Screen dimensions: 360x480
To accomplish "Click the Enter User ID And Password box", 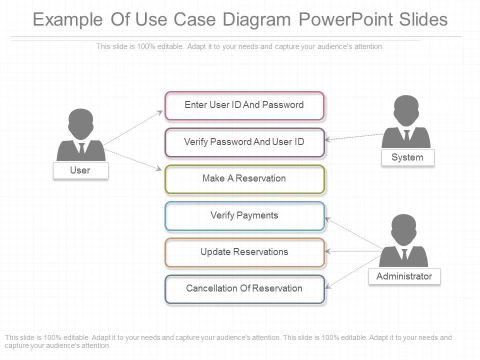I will (x=244, y=105).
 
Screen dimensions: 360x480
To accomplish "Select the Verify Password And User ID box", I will (x=244, y=142).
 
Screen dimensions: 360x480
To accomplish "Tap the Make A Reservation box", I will (x=244, y=179).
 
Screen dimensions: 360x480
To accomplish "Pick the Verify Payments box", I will (x=244, y=215).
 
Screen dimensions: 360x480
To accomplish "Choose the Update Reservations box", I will (x=244, y=252).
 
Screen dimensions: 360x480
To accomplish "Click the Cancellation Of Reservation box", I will (x=244, y=288).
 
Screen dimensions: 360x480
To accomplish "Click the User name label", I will (x=80, y=170).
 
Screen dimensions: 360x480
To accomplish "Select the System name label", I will (x=407, y=157).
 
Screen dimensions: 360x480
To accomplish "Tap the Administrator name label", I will (x=404, y=276).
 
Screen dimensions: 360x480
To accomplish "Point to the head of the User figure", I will (x=80, y=123).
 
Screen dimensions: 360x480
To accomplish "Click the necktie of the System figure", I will (x=406, y=136).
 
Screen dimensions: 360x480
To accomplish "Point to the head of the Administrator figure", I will (x=403, y=228).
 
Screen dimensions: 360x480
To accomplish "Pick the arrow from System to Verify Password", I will (x=355, y=136).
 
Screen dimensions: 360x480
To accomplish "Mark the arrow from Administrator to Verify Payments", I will (x=353, y=234).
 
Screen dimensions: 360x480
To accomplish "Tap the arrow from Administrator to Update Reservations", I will (x=353, y=251).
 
